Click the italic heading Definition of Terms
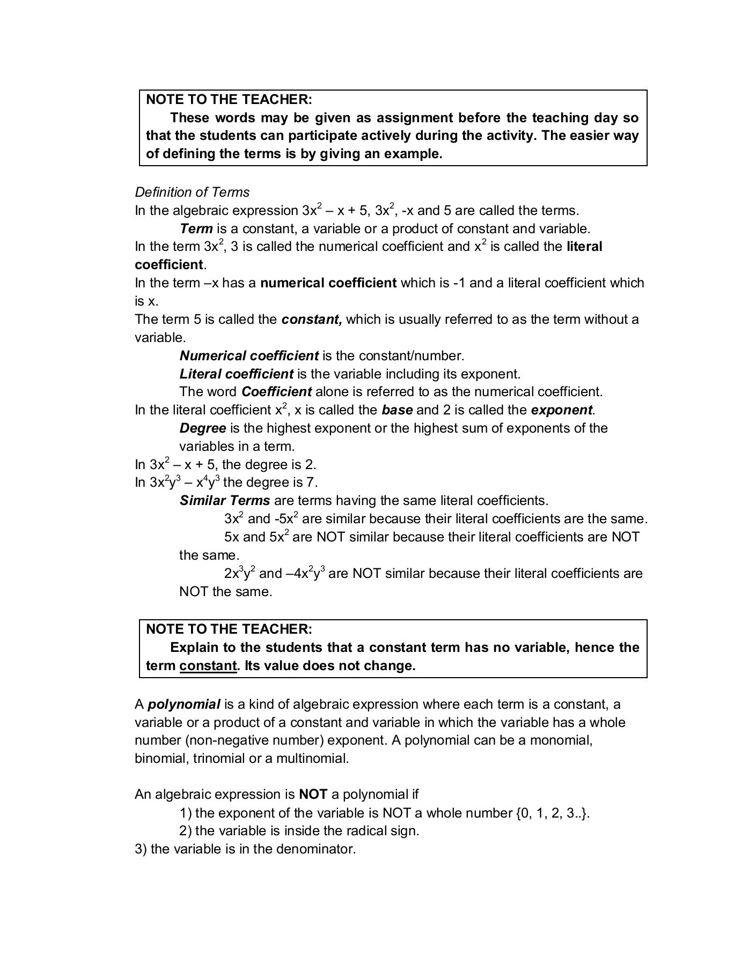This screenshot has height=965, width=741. [192, 192]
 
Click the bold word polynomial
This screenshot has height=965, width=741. [184, 704]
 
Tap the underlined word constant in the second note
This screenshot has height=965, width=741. [208, 666]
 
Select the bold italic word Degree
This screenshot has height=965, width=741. [203, 428]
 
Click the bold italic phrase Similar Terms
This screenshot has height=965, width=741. [225, 501]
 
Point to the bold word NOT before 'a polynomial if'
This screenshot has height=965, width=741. [313, 794]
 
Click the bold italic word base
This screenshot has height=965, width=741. [397, 410]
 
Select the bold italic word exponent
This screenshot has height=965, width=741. [561, 410]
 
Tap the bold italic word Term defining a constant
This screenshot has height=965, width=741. [196, 229]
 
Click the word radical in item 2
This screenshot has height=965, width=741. [342, 831]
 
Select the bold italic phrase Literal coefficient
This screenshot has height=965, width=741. [236, 374]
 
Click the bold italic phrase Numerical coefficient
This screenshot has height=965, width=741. [249, 355]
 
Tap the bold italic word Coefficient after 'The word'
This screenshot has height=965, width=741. [276, 392]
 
